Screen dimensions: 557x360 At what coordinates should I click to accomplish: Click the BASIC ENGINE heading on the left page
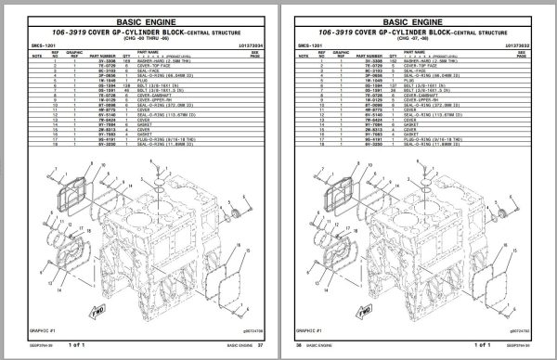[x=143, y=18]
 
